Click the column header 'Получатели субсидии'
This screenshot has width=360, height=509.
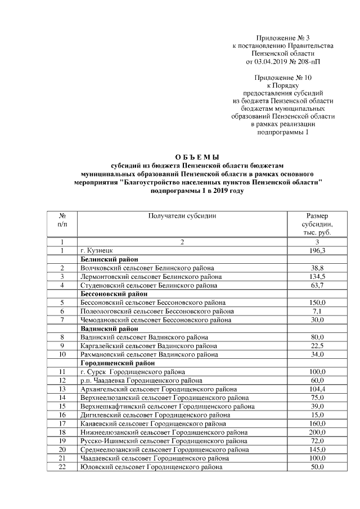tap(182, 216)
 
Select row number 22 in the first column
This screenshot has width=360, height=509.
tap(62, 467)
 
